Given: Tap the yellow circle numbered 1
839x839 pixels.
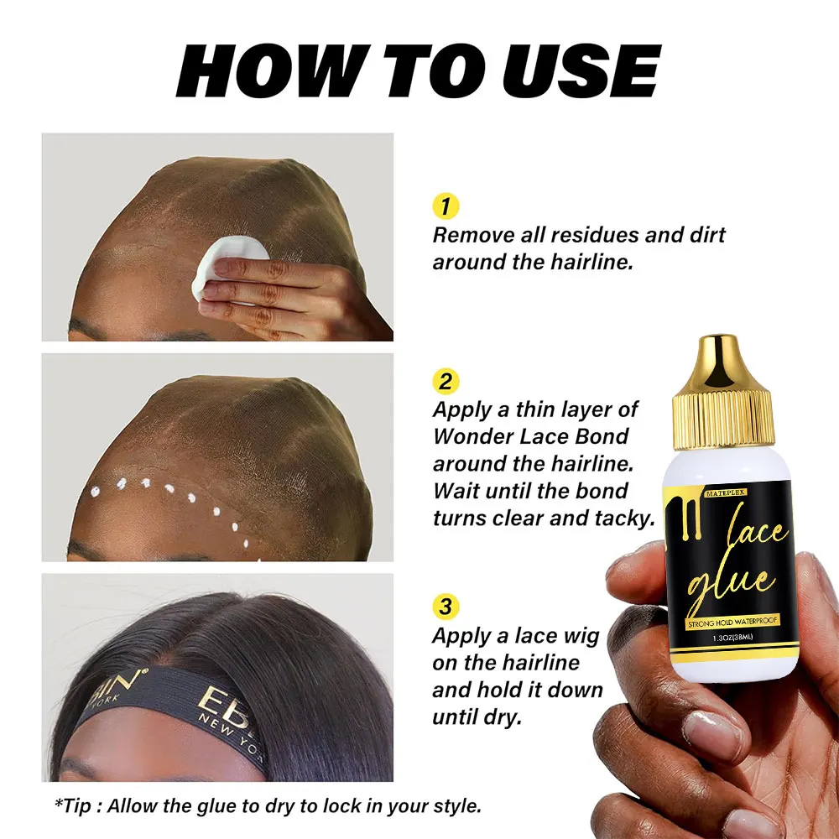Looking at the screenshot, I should (445, 206).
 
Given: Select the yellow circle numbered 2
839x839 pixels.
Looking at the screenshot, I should (446, 382).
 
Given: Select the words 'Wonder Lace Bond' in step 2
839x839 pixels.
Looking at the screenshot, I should (530, 437).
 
